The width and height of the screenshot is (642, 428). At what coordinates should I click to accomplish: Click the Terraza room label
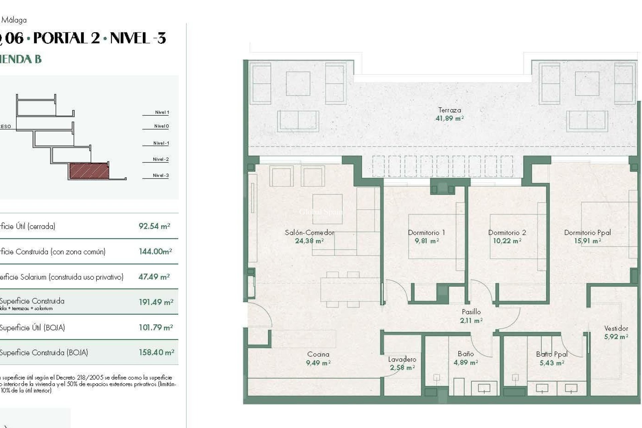click(x=449, y=110)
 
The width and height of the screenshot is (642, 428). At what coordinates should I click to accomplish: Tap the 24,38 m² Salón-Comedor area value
click(x=309, y=241)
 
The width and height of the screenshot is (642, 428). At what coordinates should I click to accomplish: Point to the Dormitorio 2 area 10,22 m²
click(x=507, y=241)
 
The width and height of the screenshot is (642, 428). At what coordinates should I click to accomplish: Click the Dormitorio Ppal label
click(x=587, y=232)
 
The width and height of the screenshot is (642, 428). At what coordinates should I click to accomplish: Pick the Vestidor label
click(x=616, y=328)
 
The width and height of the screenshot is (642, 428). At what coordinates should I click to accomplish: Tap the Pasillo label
click(x=471, y=312)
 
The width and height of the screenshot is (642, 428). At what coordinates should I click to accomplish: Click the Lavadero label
click(x=402, y=359)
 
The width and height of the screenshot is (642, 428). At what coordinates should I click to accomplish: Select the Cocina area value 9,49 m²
click(x=318, y=363)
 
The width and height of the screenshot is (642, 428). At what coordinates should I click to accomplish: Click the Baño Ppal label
click(x=552, y=354)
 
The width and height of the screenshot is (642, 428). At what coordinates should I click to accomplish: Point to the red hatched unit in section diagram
click(x=89, y=171)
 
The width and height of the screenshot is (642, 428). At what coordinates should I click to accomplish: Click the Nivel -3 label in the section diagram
click(x=161, y=175)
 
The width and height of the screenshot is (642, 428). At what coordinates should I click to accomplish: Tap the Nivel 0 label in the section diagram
click(x=162, y=126)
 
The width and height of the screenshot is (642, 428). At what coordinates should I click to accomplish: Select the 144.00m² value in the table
click(x=155, y=251)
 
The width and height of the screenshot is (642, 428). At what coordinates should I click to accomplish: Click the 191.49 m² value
click(x=156, y=302)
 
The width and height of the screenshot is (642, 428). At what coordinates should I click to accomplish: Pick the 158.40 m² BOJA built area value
click(x=156, y=352)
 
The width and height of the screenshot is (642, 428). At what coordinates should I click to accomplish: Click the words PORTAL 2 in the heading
click(x=67, y=38)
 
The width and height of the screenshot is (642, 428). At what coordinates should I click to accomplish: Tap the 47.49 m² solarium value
click(x=154, y=277)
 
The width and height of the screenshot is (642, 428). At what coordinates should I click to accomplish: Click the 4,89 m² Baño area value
click(x=465, y=362)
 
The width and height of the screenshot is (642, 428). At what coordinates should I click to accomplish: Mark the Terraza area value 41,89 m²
click(x=449, y=118)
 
